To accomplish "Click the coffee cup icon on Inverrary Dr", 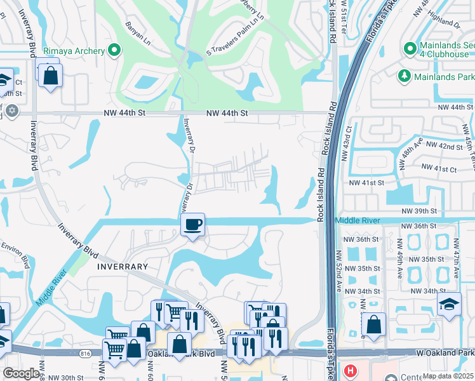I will point(192,224).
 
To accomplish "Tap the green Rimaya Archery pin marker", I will point(114,50).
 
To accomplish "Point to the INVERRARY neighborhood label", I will point(123,267).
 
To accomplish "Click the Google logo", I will point(21,373).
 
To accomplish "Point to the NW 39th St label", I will point(420,210).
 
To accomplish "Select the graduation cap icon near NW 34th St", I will point(449,304).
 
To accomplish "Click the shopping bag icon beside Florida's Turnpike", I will point(374,324).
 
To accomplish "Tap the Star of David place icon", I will point(11,111).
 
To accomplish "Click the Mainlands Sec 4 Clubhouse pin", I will point(410,48).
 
